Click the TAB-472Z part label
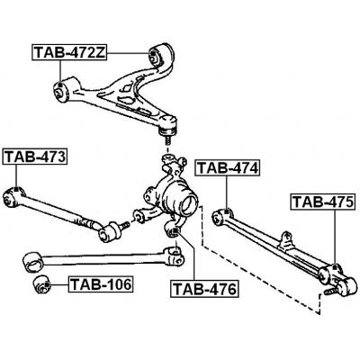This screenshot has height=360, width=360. (x=70, y=52)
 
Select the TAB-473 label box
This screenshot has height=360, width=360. (x=34, y=158)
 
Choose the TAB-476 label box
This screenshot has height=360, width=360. (x=204, y=290)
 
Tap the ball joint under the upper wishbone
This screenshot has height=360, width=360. (x=166, y=132)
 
